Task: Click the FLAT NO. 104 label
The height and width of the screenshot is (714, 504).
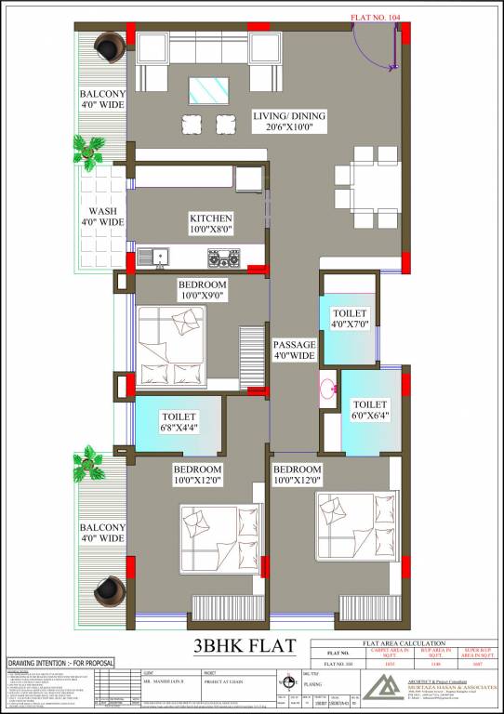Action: pos(377,17)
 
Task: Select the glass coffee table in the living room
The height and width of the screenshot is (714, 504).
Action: pos(209,90)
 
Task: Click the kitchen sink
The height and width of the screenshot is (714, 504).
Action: pos(153,255)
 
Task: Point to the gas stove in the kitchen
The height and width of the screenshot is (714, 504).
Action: pos(230,256)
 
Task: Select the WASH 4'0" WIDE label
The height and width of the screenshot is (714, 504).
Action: pos(101,217)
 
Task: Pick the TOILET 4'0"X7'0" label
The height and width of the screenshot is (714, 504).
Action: pos(350,319)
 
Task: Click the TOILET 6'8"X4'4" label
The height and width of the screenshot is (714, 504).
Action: pos(178,422)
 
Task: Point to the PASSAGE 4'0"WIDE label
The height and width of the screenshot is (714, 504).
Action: pos(295,350)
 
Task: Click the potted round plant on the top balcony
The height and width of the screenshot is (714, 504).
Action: pos(111,46)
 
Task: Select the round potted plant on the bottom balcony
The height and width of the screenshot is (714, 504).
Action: pos(111,588)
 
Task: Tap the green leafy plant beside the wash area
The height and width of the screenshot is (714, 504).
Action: pos(90,150)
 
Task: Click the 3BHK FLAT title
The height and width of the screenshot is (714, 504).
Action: pos(245,644)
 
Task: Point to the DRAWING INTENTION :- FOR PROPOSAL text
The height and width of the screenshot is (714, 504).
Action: pos(60,663)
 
